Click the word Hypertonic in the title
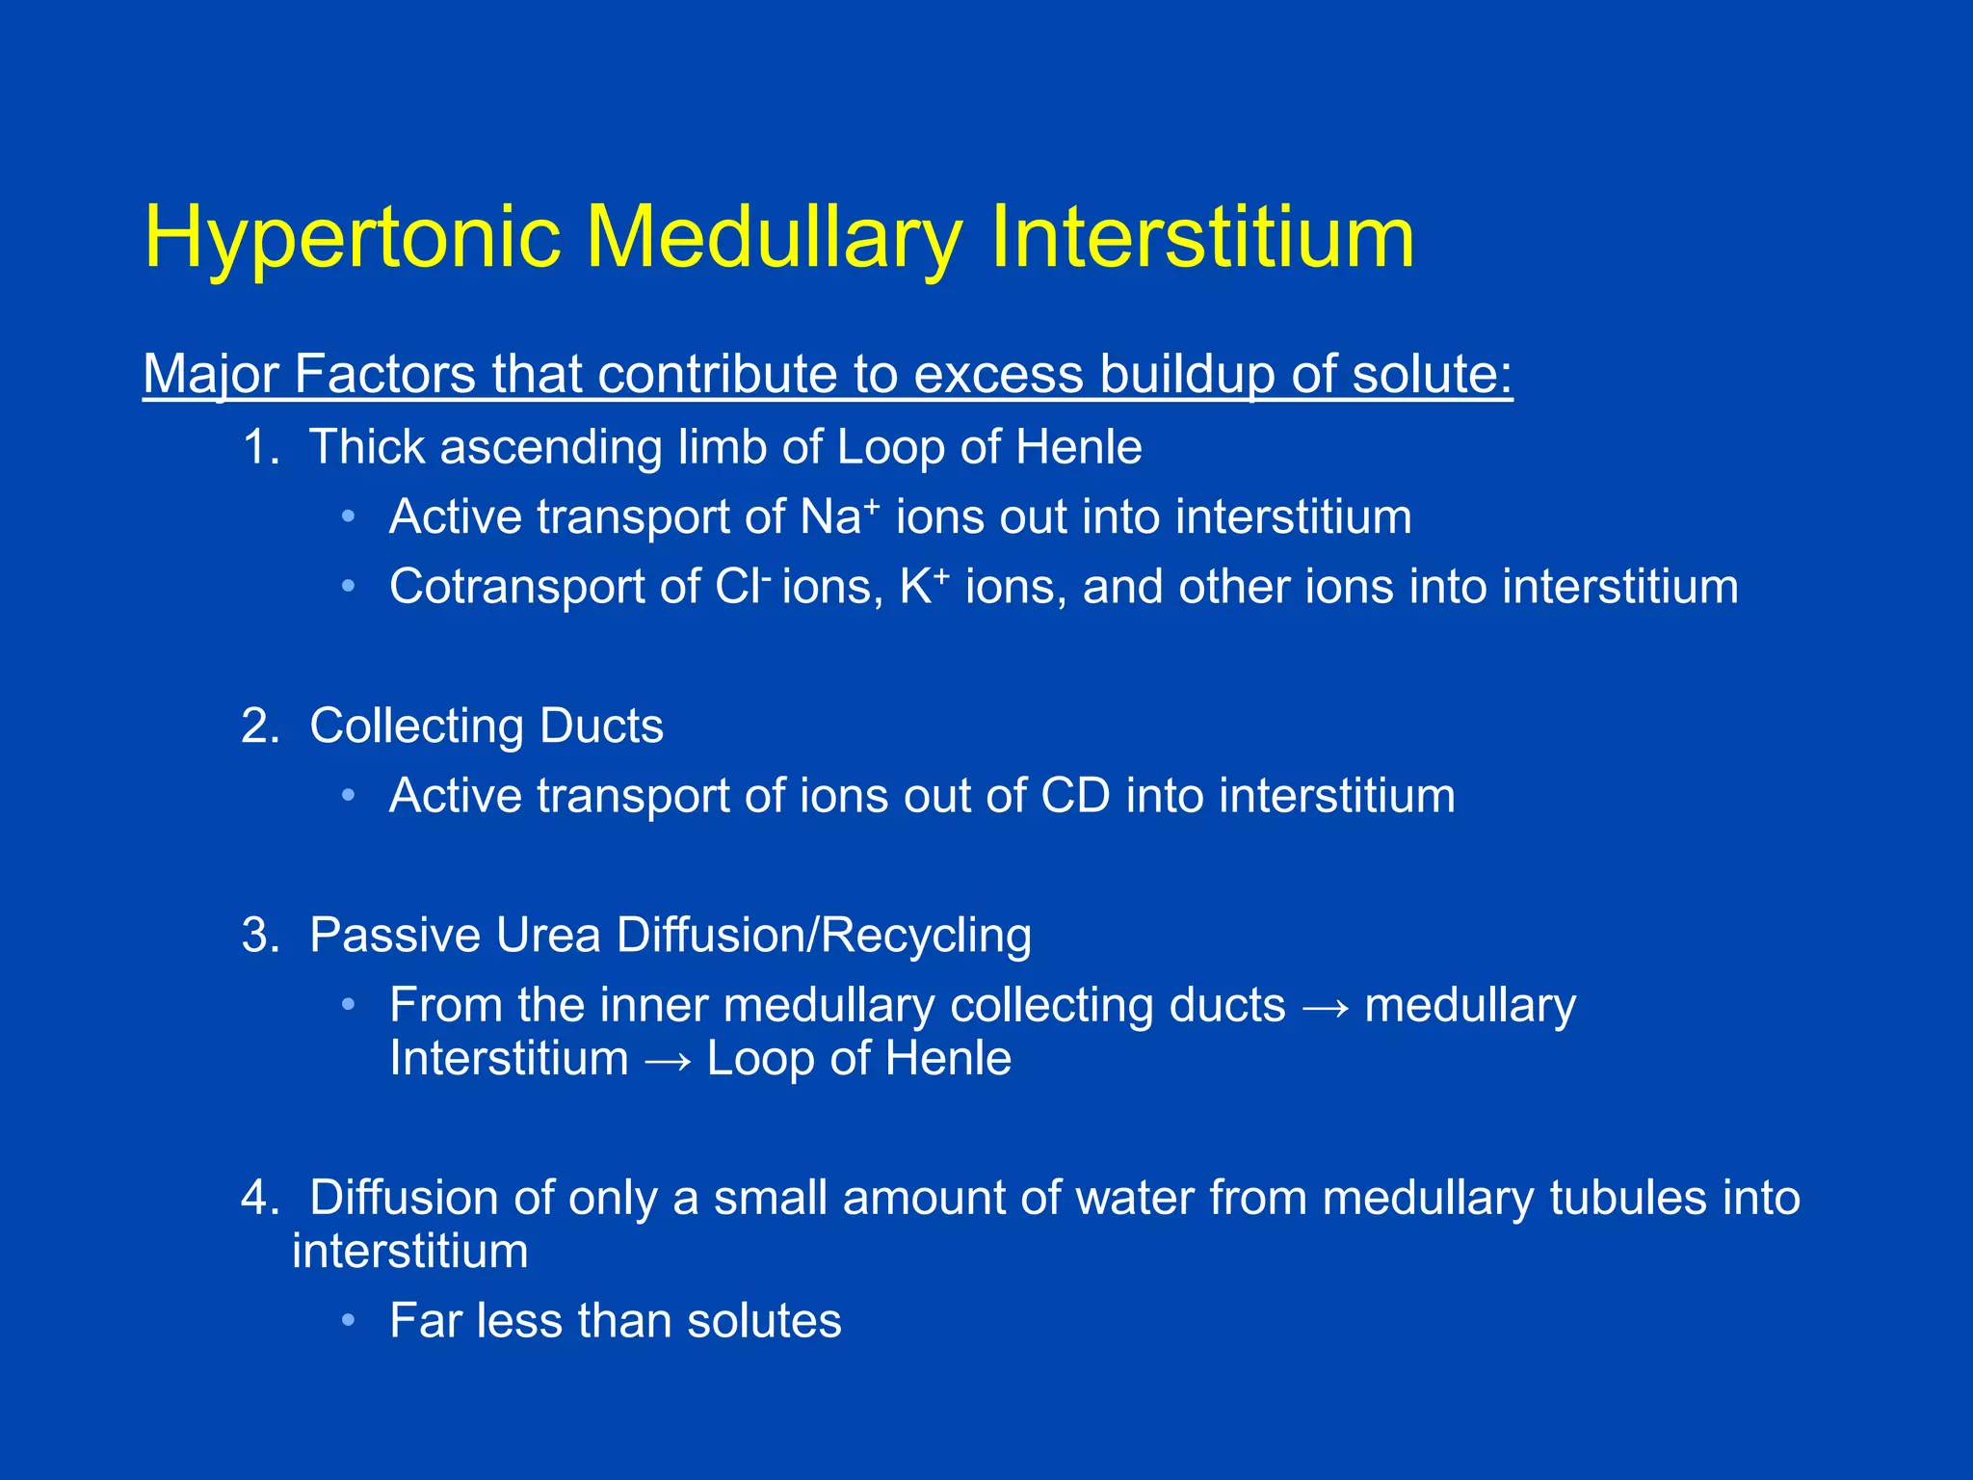(x=352, y=238)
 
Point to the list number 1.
(x=258, y=447)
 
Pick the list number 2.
(x=258, y=726)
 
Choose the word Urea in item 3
(x=548, y=935)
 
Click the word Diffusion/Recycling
(x=824, y=935)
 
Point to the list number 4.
(x=258, y=1198)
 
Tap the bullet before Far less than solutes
(x=349, y=1320)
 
